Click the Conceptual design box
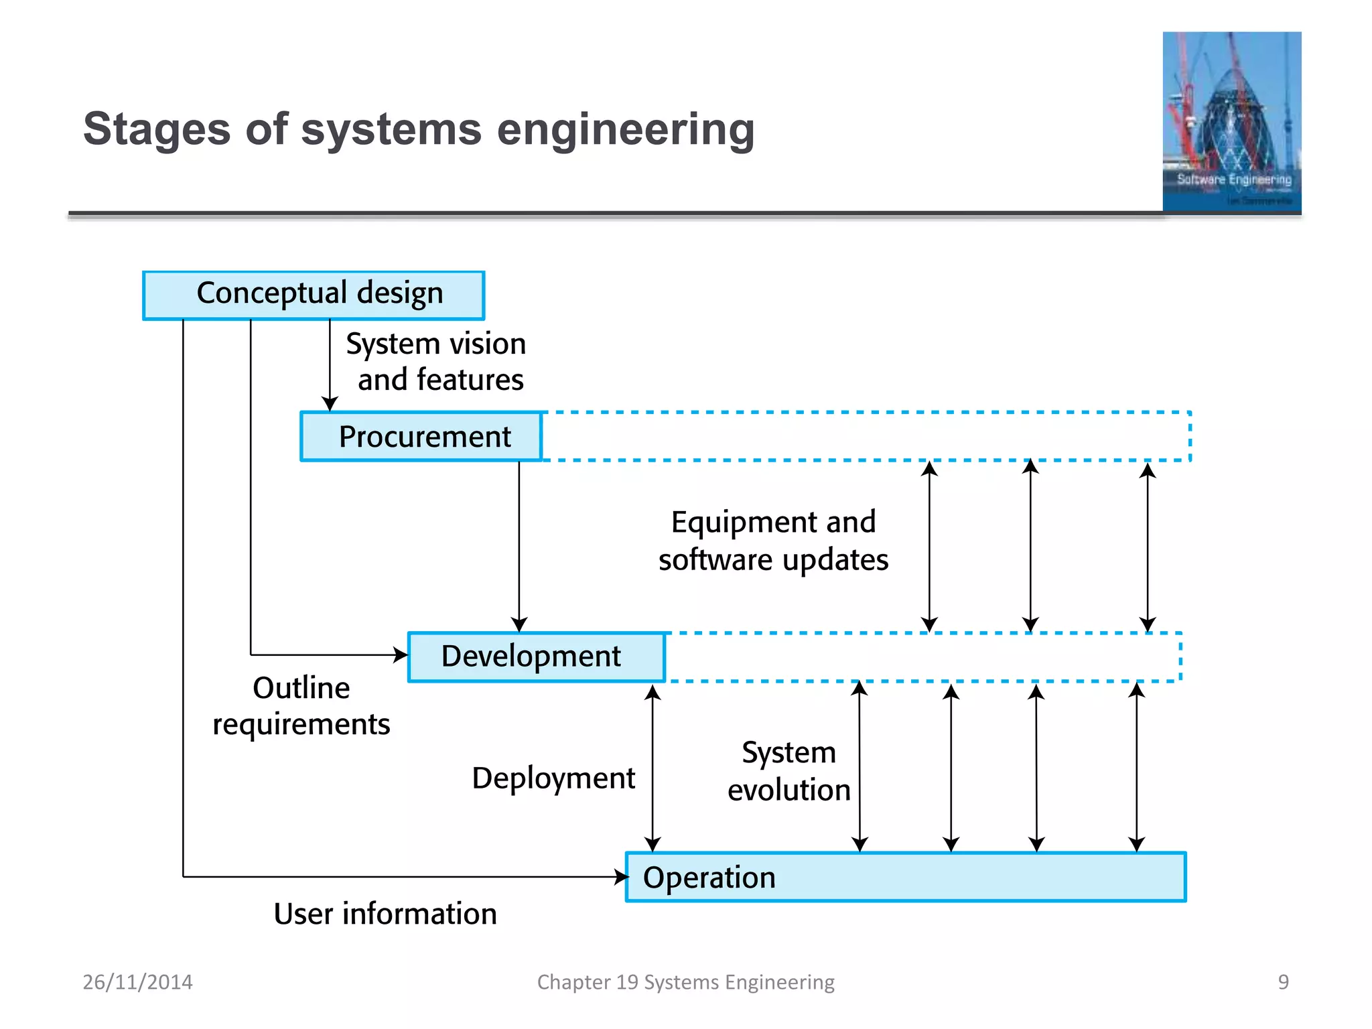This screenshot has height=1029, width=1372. coord(314,295)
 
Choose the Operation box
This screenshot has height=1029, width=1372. coord(905,877)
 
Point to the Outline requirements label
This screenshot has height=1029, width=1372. coord(301,706)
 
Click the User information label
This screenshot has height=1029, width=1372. coord(385,914)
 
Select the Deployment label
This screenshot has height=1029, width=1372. coord(553,778)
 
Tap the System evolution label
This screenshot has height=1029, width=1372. coord(788,771)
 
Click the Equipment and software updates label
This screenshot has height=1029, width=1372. coord(773,541)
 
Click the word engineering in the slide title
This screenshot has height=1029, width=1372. coord(626,129)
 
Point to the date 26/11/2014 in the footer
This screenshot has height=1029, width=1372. coord(137,982)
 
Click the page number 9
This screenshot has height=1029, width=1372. coord(1283,982)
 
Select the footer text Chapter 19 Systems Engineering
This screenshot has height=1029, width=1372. coord(685,982)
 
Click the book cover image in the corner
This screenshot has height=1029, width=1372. coord(1231,122)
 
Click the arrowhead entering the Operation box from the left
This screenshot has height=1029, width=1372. coord(621,876)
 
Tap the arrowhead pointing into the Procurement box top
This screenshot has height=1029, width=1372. coord(330,404)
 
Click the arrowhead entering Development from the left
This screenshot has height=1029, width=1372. coord(401,655)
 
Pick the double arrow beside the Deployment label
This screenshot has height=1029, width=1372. coord(653,768)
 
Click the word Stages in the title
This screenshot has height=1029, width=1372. coord(157,129)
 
